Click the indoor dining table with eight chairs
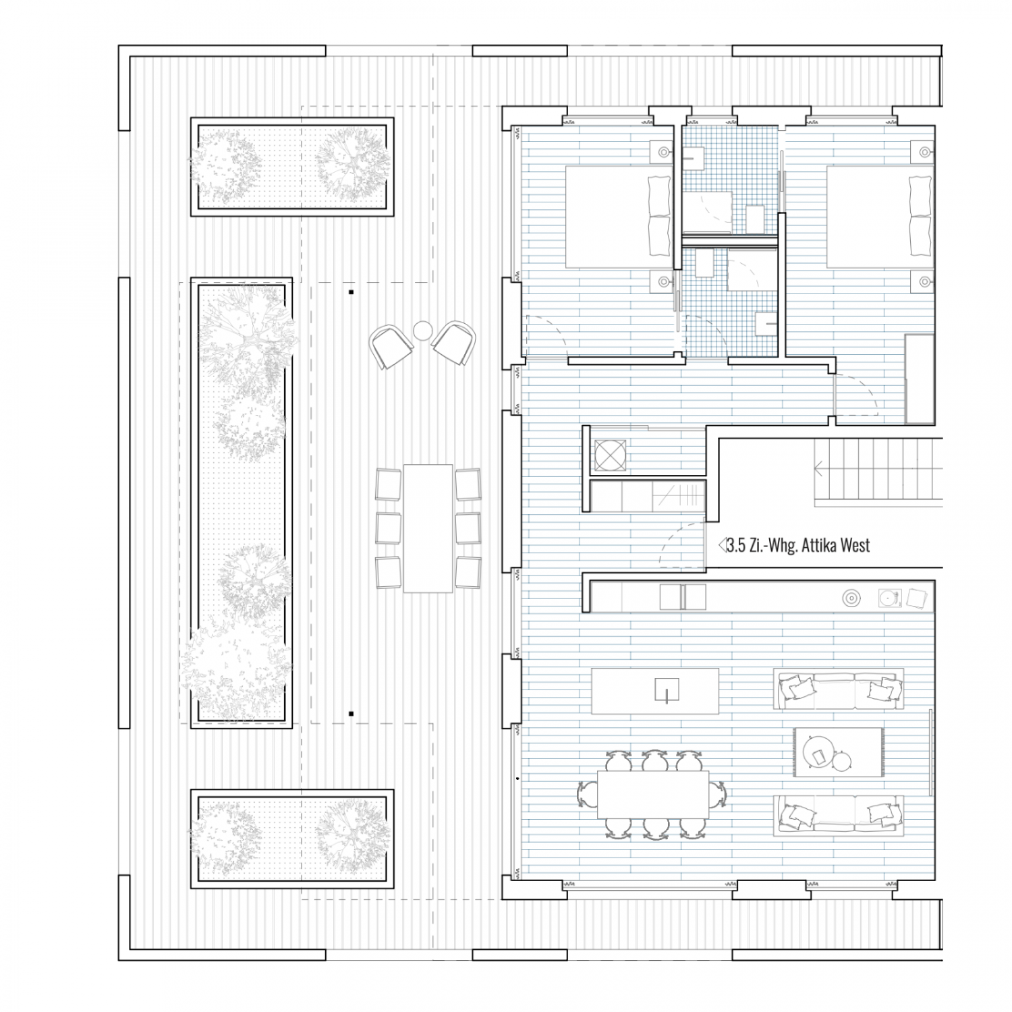pos(653,794)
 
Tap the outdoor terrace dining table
pos(428,528)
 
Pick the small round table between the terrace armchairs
pos(423,330)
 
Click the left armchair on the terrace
pos(391,345)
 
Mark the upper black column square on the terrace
pos(351,293)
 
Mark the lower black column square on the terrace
pos(351,713)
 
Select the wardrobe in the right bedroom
pos(920,378)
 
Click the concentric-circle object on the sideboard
pos(851,597)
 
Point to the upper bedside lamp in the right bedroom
pos(922,150)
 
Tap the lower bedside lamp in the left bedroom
pos(662,283)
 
